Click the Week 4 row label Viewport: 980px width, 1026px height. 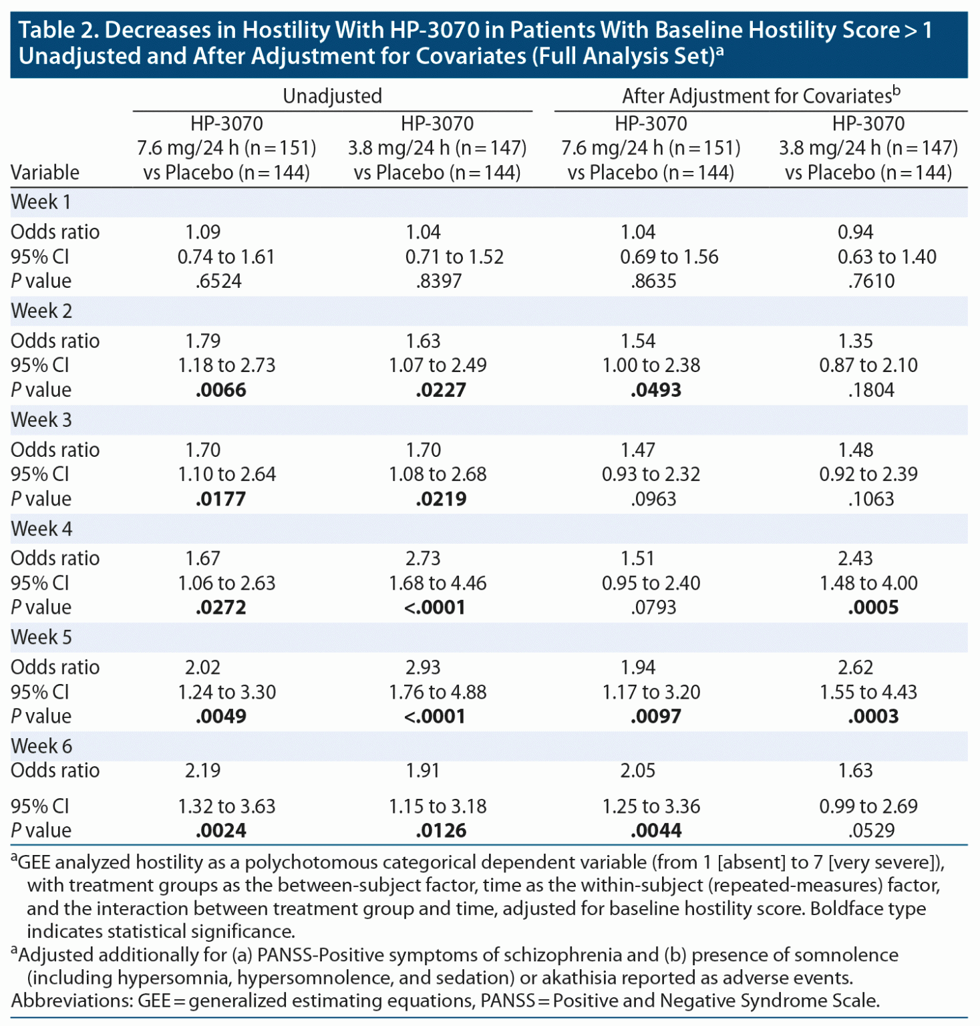click(41, 528)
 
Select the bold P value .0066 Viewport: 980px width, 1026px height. click(220, 390)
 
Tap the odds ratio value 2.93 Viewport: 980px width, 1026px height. click(423, 667)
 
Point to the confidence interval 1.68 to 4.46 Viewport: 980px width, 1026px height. click(438, 583)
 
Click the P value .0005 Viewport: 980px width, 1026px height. click(873, 608)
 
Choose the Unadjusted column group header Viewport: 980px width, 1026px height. click(332, 96)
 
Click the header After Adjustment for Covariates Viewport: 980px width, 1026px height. click(761, 96)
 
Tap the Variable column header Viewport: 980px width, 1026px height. click(45, 172)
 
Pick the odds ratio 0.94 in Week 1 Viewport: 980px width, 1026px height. click(855, 232)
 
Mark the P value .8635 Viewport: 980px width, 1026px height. click(653, 281)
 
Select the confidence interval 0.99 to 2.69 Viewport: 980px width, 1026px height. click(868, 806)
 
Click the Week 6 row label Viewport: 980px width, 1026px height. click(41, 746)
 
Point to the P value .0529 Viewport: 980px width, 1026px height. click(871, 831)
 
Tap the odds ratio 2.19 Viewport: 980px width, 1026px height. click(202, 771)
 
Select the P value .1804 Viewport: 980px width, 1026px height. click(871, 390)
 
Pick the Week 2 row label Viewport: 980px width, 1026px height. click(41, 311)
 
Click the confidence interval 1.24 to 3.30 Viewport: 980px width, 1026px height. click(226, 692)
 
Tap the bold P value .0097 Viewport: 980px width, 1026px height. click(655, 717)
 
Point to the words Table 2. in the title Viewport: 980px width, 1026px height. click(58, 31)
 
